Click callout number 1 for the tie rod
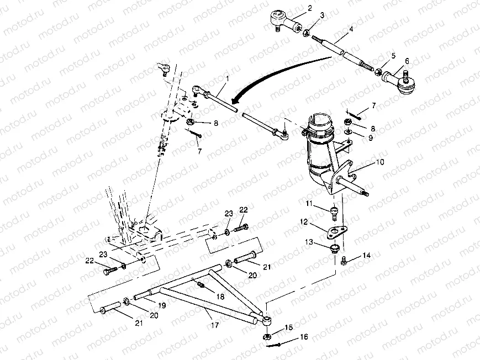coord(228,78)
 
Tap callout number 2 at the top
coord(310,8)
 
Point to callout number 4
coord(351,29)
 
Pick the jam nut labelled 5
coord(378,72)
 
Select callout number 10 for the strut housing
coord(379,162)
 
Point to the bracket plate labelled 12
coord(336,231)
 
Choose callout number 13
coord(309,242)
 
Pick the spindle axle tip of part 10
coord(366,193)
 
